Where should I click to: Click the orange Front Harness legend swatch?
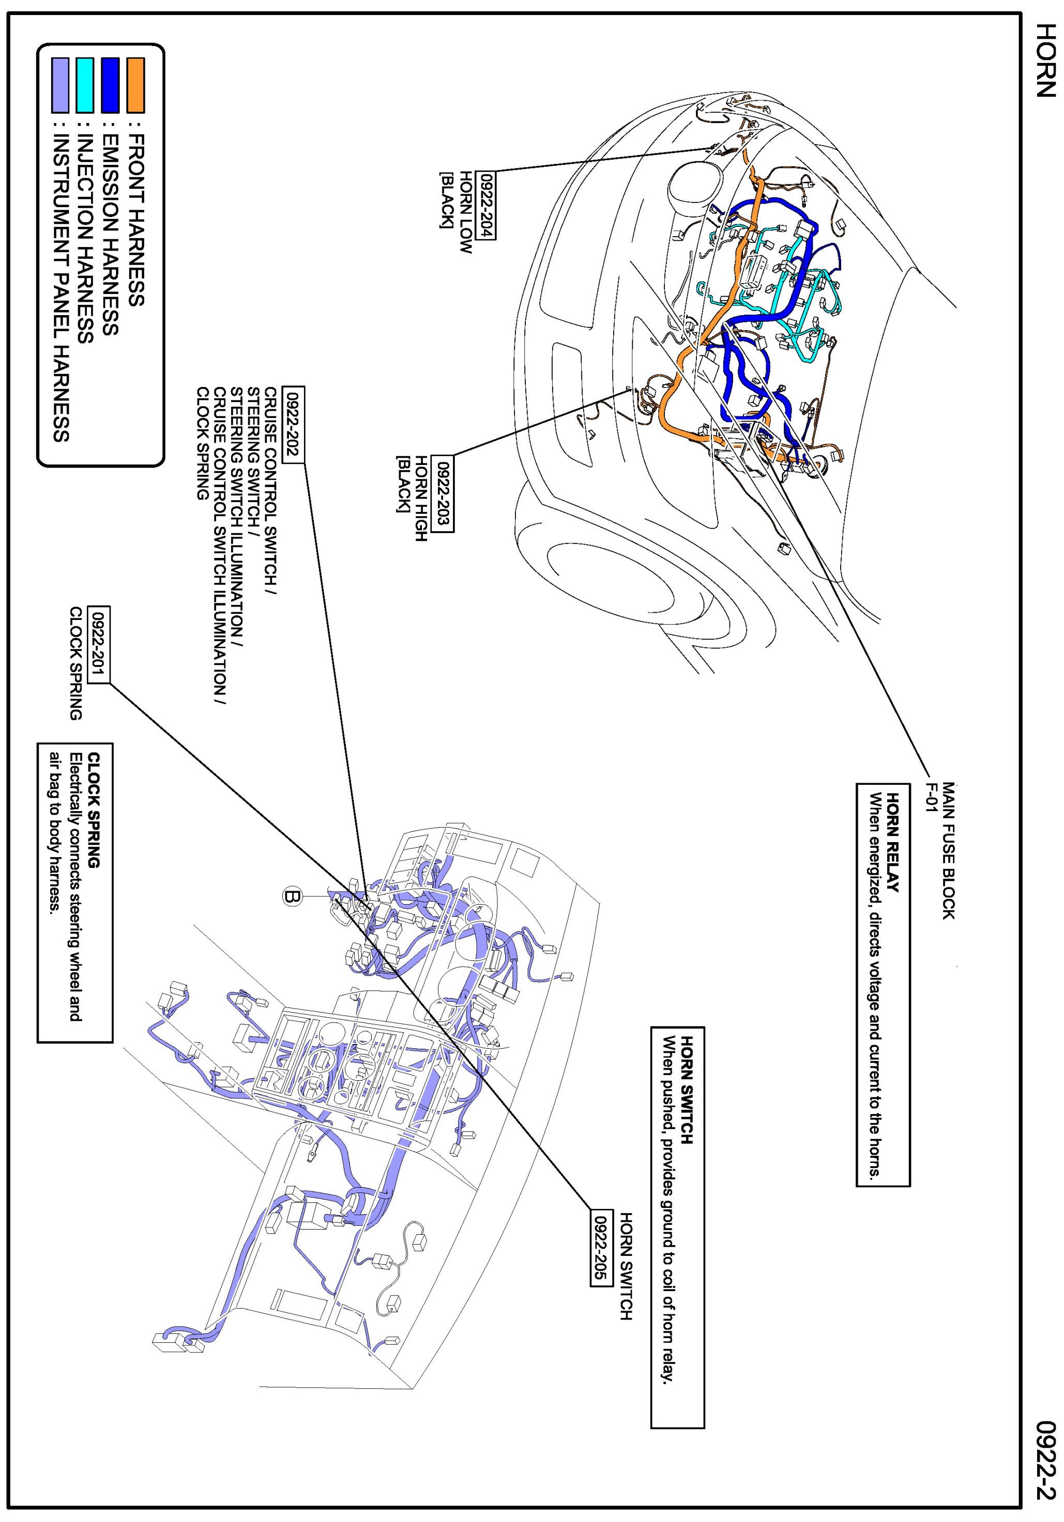(x=135, y=85)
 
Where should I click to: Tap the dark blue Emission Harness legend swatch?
(x=110, y=85)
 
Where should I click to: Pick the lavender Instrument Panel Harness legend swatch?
(x=60, y=85)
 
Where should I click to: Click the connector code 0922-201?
(x=99, y=644)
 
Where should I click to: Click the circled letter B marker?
(x=293, y=896)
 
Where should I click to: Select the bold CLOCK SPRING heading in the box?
(x=94, y=810)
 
